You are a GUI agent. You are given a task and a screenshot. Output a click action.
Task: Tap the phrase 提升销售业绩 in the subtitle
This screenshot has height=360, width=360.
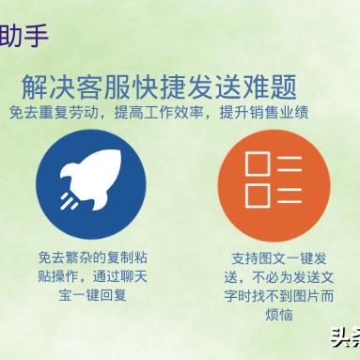click(261, 112)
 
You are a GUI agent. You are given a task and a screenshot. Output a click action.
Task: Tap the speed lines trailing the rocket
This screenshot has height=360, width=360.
click(69, 200)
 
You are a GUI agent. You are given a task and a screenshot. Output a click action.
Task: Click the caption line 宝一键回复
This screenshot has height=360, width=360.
click(92, 294)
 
